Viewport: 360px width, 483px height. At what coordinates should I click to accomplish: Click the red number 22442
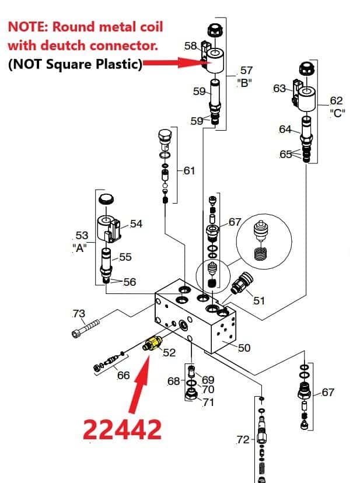(x=122, y=430)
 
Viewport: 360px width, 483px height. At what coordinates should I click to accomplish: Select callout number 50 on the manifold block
(x=244, y=348)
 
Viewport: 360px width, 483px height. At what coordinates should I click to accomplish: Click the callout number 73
(x=78, y=314)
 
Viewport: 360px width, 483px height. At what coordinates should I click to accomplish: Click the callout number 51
(x=258, y=300)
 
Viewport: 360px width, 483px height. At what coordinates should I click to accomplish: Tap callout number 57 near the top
(x=246, y=71)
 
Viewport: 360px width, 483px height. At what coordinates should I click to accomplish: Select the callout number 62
(x=336, y=101)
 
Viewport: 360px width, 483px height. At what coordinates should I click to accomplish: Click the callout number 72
(x=243, y=439)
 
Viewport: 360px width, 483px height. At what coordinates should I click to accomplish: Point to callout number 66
(x=123, y=375)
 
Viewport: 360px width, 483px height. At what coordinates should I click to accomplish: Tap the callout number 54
(x=136, y=223)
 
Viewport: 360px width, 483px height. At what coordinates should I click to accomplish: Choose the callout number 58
(x=190, y=45)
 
